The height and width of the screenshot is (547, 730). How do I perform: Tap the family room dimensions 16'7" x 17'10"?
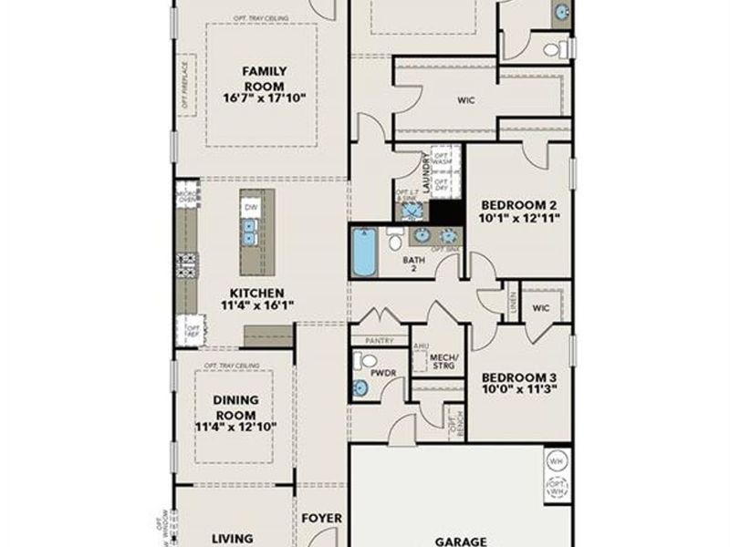pos(265,98)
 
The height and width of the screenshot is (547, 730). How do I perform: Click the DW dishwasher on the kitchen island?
pos(249,208)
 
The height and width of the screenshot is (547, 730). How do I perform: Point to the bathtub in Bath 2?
pos(364,253)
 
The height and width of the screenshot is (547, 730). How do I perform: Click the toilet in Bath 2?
pos(395,240)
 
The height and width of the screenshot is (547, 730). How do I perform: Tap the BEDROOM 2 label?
pos(519,204)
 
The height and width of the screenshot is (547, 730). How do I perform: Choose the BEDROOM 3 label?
pos(519,377)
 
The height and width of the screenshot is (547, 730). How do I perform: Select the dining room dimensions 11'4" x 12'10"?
pos(235,426)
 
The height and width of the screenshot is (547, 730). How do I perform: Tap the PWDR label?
pos(382,372)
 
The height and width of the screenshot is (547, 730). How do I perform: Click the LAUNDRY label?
pos(426,170)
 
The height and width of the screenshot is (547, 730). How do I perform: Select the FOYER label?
pos(321,519)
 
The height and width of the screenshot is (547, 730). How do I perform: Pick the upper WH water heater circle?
pos(557,460)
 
